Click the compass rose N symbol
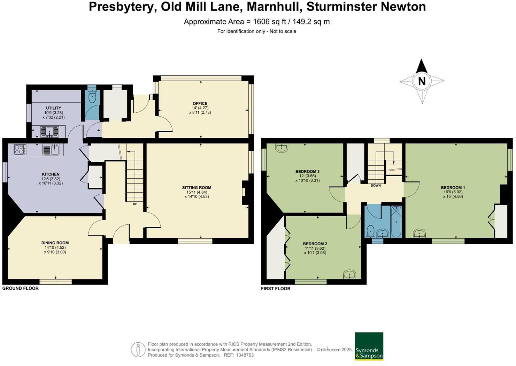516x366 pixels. point(422,81)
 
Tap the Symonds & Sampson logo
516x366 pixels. point(369,346)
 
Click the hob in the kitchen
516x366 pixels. point(20,150)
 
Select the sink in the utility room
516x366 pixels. point(49,132)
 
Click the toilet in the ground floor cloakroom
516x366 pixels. point(92,97)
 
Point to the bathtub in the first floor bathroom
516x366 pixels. point(396,222)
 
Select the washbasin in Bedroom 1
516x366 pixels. point(419,234)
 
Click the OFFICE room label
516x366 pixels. point(200,104)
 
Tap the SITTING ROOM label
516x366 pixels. point(197,188)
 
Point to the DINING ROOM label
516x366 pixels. point(55,243)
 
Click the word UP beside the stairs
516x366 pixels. point(135,204)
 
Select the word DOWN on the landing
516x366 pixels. point(376,186)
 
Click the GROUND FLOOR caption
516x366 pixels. point(21,289)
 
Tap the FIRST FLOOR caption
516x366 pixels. point(276,289)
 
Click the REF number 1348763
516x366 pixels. point(245,355)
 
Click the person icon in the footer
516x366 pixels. point(138,350)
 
